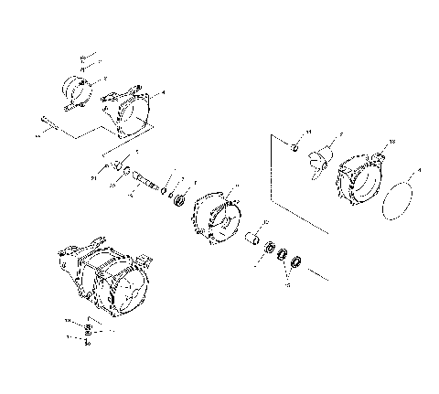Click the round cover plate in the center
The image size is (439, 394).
click(216, 217)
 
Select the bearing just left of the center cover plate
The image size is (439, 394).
click(179, 199)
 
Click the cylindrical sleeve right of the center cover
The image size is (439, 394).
click(250, 240)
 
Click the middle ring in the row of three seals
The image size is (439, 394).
click(283, 255)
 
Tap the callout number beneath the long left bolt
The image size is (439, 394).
click(38, 134)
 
